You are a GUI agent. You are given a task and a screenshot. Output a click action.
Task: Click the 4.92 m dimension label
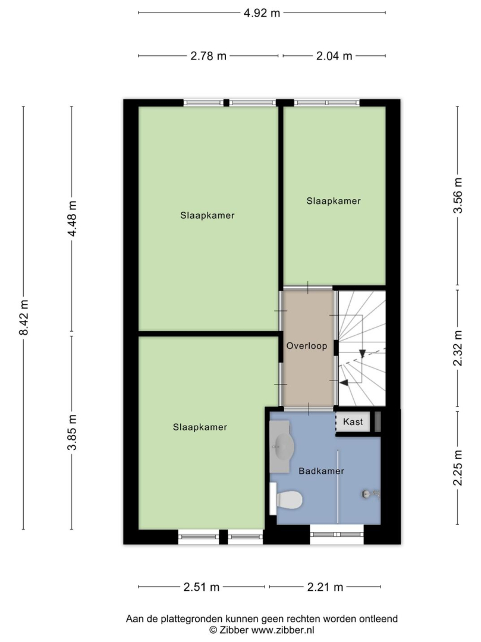point(262,13)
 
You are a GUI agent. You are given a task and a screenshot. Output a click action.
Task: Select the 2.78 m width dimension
point(208,56)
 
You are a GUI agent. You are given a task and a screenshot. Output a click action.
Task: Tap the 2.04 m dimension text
point(334,56)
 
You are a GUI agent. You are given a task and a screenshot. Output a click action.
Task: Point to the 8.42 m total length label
point(24,317)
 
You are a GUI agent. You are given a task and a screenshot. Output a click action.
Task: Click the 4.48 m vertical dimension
point(73,219)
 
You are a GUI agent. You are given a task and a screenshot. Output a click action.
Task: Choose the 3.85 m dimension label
point(73,432)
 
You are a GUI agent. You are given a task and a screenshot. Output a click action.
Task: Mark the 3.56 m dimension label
point(458,196)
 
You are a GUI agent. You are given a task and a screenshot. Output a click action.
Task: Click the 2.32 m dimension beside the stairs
point(458,348)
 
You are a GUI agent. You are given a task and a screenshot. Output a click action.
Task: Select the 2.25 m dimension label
point(458,468)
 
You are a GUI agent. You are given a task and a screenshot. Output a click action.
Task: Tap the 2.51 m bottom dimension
point(202,587)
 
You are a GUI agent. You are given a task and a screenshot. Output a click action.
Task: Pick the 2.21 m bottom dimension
point(325,587)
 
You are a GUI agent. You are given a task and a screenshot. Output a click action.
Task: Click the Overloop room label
point(307,346)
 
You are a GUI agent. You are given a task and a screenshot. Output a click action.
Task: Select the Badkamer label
point(321,471)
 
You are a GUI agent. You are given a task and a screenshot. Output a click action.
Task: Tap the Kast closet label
point(353,421)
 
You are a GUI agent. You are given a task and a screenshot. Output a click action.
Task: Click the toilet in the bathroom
point(286,499)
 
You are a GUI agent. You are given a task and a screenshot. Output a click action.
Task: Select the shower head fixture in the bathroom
point(370,494)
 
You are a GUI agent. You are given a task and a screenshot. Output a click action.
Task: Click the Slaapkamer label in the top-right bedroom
point(334,201)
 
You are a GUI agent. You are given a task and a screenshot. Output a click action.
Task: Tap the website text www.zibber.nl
point(282,630)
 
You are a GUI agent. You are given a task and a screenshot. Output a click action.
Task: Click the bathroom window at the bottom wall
point(337,534)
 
